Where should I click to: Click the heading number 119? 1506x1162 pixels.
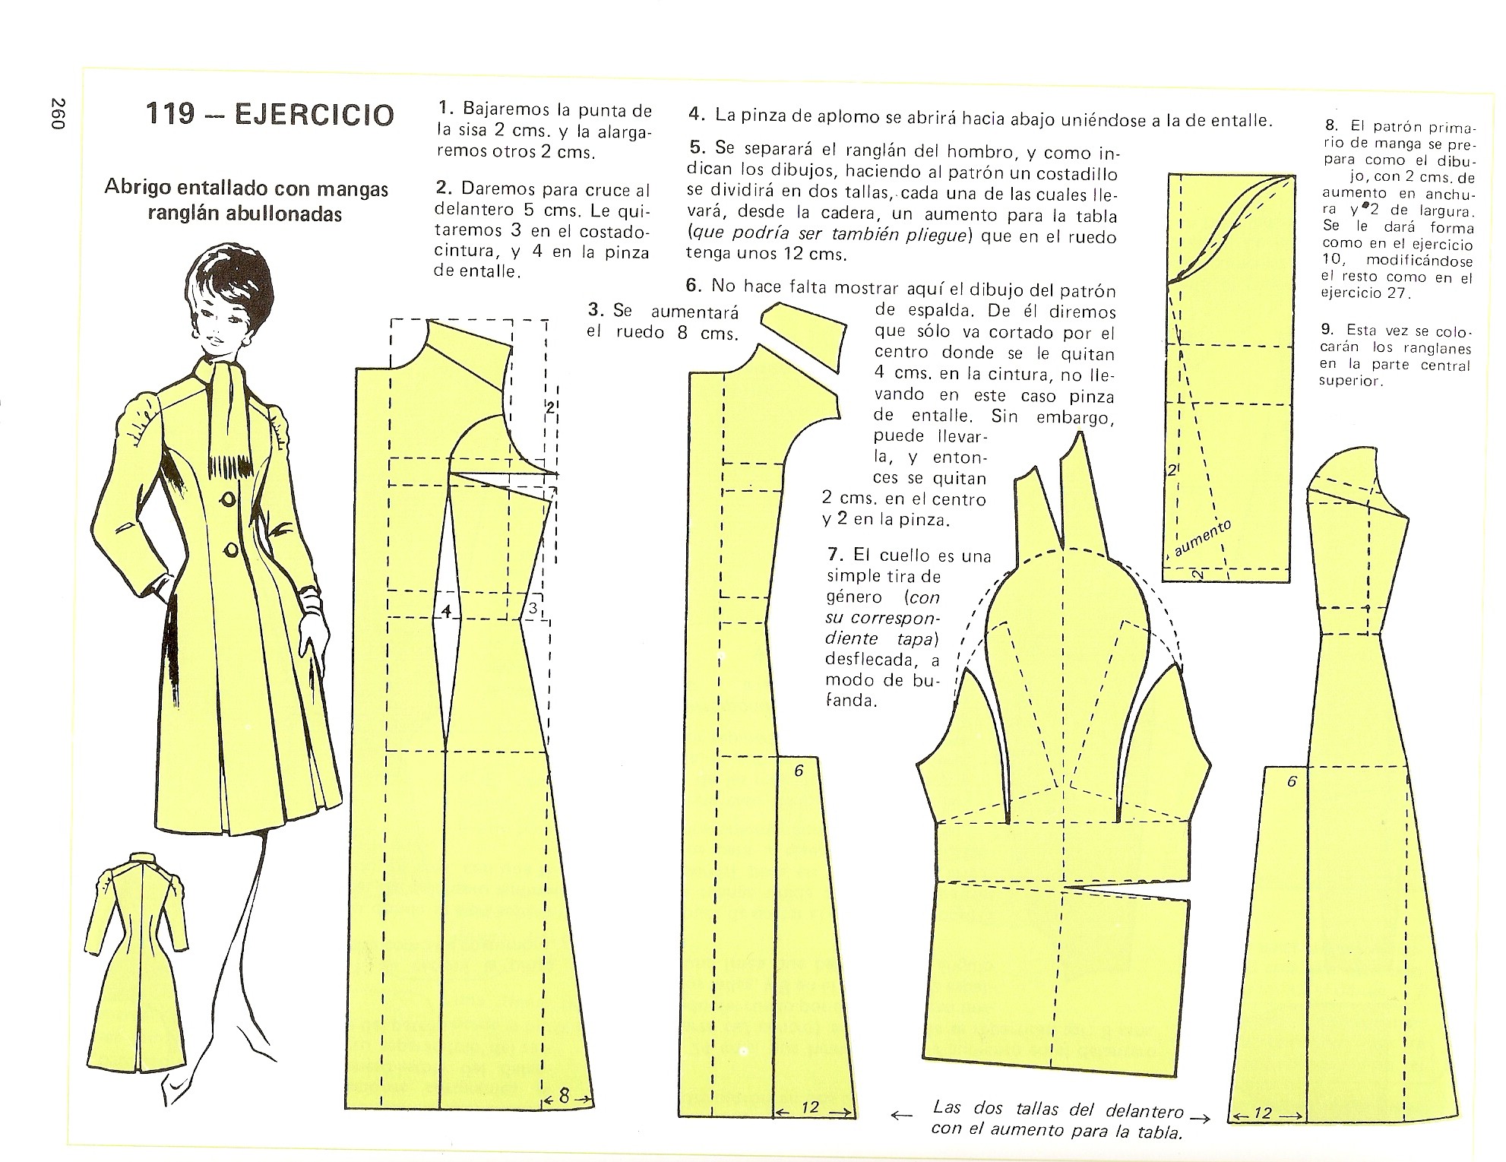click(170, 113)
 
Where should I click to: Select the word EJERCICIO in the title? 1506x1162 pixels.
click(315, 114)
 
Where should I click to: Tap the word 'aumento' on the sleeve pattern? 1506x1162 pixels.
click(1202, 539)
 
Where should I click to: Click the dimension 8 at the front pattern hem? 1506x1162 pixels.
click(564, 1097)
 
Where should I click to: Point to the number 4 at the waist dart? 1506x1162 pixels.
click(446, 610)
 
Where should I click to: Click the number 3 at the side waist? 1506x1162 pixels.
click(533, 608)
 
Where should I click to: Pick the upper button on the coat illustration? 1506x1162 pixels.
click(229, 499)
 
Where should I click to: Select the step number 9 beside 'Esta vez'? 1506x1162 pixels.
click(1327, 329)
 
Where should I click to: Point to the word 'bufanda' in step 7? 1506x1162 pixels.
click(889, 690)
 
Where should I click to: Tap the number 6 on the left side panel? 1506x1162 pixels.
click(799, 771)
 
